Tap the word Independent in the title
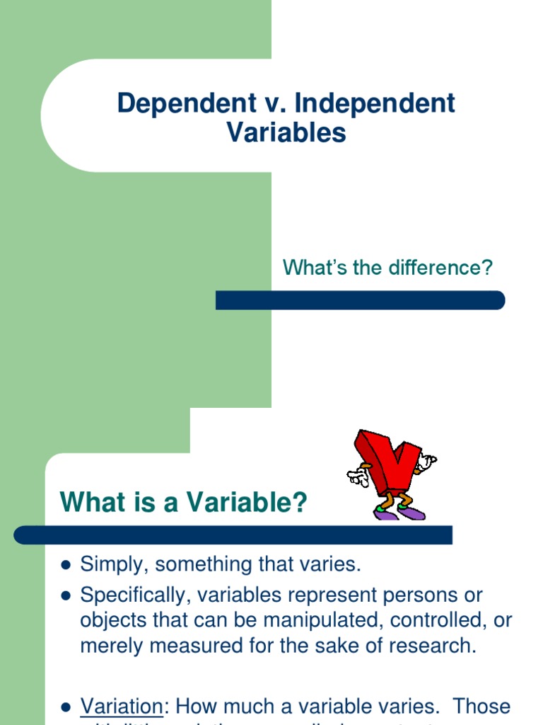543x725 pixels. [x=375, y=103]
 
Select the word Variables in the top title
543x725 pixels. [x=286, y=132]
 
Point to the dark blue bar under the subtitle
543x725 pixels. [x=360, y=300]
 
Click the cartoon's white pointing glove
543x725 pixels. [x=358, y=476]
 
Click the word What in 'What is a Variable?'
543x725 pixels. [x=86, y=503]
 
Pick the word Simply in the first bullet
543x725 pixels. [x=114, y=565]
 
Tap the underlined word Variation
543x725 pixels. [x=122, y=706]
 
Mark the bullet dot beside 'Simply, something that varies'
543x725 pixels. [x=66, y=565]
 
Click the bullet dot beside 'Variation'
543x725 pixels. [x=66, y=707]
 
